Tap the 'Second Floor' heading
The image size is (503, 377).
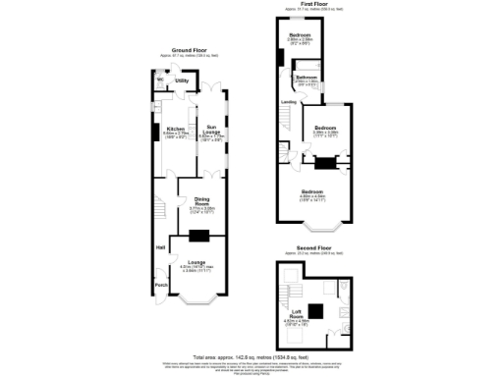pyautogui.click(x=313, y=250)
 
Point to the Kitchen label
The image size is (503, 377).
pyautogui.click(x=176, y=129)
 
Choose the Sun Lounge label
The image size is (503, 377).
pyautogui.click(x=212, y=129)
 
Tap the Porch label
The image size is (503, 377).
pyautogui.click(x=160, y=286)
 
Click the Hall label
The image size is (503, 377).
pyautogui.click(x=159, y=247)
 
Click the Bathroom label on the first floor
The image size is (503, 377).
pyautogui.click(x=306, y=76)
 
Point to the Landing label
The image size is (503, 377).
pyautogui.click(x=288, y=102)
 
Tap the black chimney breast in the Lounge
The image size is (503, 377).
pyautogui.click(x=199, y=236)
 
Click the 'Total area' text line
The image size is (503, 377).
pyautogui.click(x=251, y=355)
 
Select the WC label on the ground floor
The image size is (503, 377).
pyautogui.click(x=159, y=80)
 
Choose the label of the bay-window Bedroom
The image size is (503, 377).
pyautogui.click(x=312, y=190)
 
